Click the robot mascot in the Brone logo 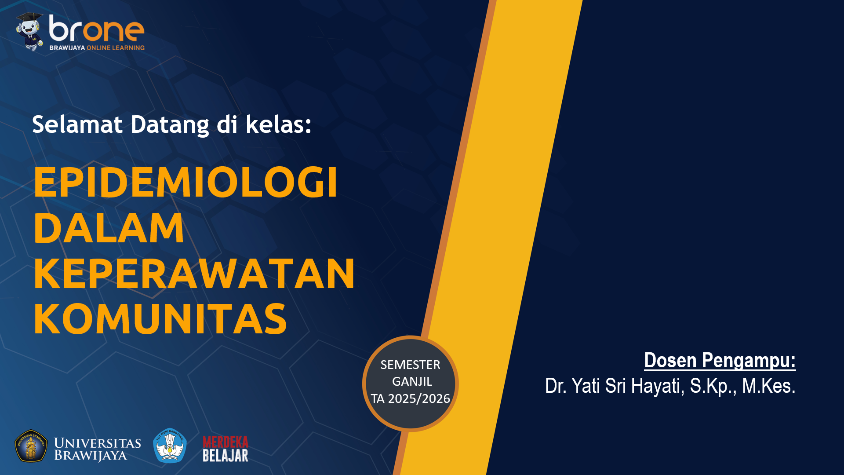tap(30, 31)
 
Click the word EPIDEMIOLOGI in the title tap(186, 182)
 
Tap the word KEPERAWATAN tap(194, 274)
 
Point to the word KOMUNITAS tap(160, 319)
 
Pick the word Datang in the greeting tap(170, 125)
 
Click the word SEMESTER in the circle tap(410, 365)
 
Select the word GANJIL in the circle tap(412, 381)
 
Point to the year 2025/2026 tap(419, 398)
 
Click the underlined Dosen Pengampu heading tap(720, 361)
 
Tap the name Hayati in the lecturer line tap(658, 386)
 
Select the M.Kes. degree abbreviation tap(769, 386)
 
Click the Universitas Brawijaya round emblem tap(31, 446)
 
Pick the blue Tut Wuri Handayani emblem tap(170, 446)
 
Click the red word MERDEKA tap(226, 442)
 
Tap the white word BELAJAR tap(226, 456)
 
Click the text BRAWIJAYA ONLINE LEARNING tap(97, 47)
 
